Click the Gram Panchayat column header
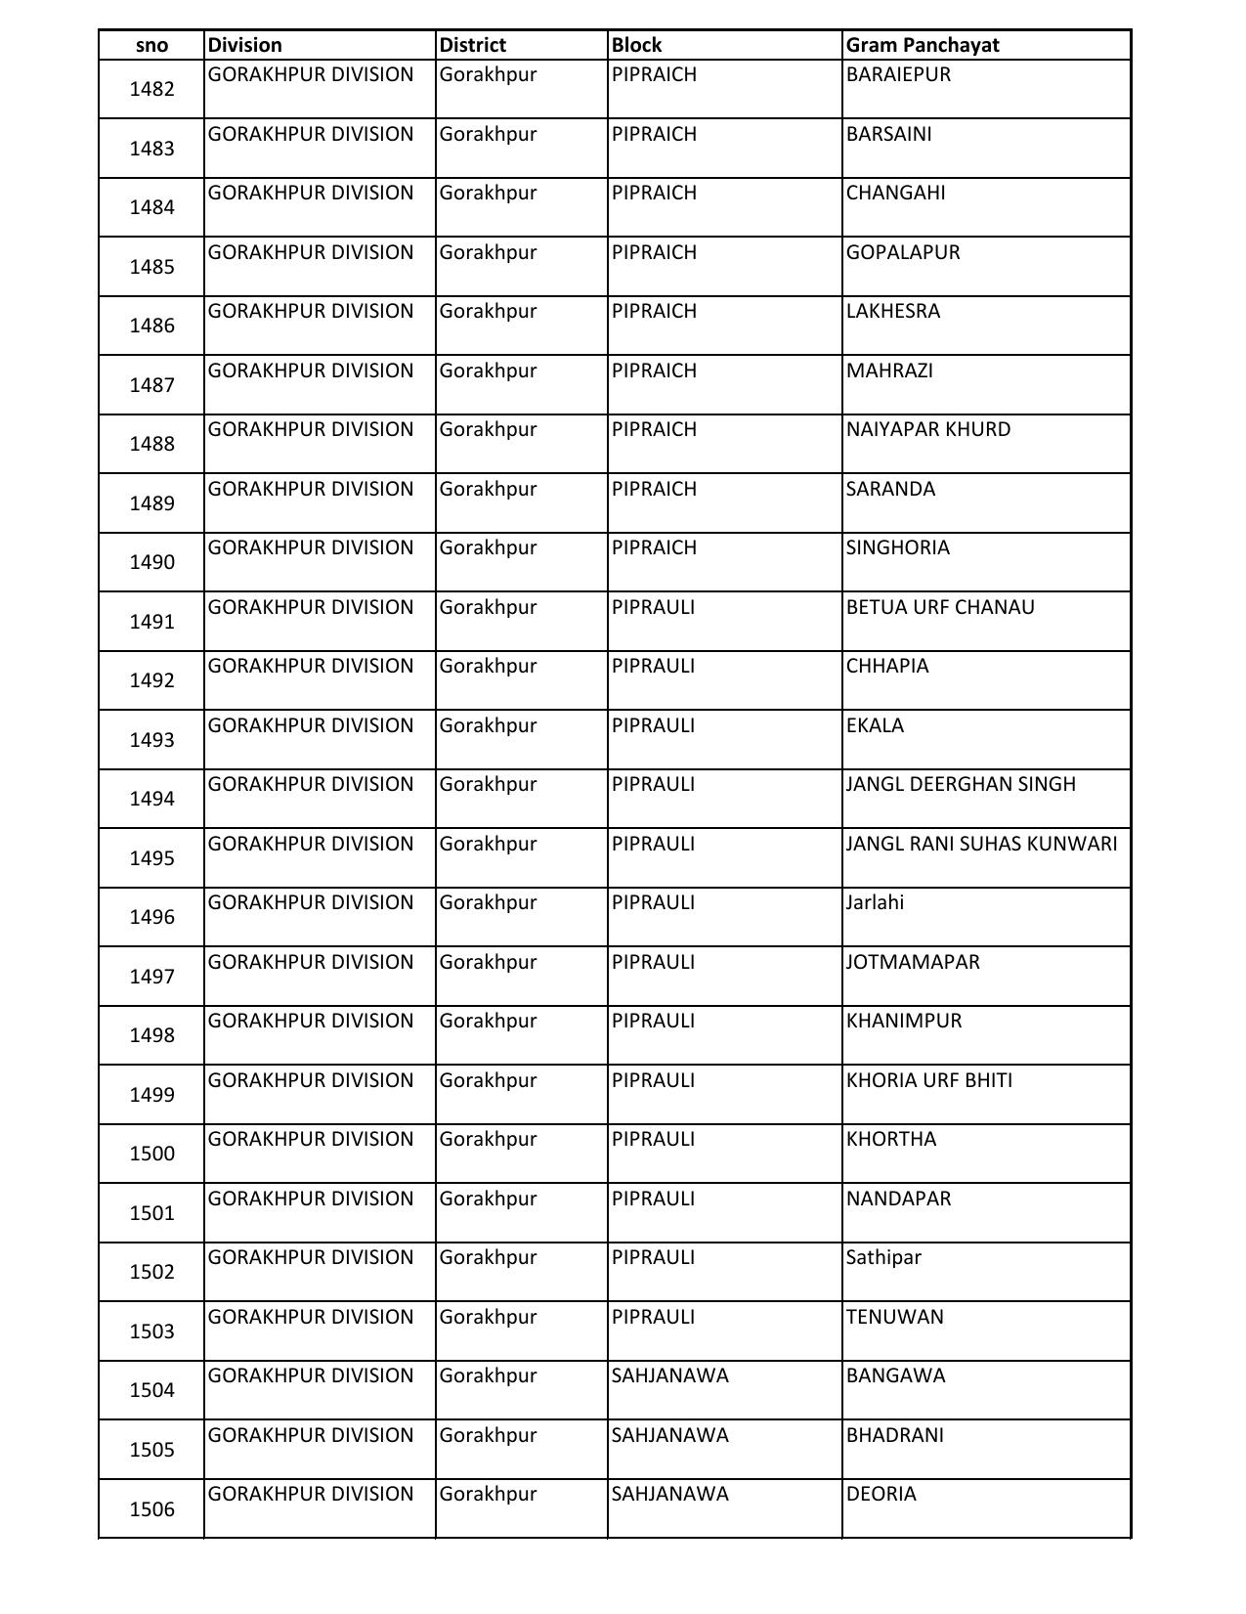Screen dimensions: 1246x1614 [x=923, y=45]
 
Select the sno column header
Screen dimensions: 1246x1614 [x=151, y=45]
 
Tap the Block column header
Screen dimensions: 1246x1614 [x=636, y=45]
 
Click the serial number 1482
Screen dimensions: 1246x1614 [x=151, y=89]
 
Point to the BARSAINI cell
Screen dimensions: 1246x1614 [x=888, y=134]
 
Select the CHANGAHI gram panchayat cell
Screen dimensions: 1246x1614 [x=895, y=193]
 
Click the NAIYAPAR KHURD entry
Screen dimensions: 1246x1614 [x=927, y=429]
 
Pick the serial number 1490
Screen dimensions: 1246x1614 [x=151, y=562]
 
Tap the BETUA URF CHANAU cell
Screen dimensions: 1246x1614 [x=939, y=607]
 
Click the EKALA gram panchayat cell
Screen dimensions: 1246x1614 [x=875, y=725]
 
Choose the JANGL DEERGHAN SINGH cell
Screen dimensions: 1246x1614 [x=960, y=784]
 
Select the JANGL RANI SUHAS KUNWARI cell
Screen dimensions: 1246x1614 [x=981, y=844]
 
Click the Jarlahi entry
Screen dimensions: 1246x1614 [x=875, y=902]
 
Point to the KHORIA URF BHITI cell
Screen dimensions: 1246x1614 [x=928, y=1080]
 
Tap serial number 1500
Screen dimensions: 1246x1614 [x=151, y=1154]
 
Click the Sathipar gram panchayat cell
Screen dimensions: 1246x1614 [x=883, y=1257]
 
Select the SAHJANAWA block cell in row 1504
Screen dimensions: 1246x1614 [x=669, y=1375]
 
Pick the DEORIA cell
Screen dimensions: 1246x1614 [x=881, y=1494]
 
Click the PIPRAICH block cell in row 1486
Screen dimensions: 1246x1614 [x=654, y=311]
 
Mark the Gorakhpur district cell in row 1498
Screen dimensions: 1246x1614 [x=488, y=1021]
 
